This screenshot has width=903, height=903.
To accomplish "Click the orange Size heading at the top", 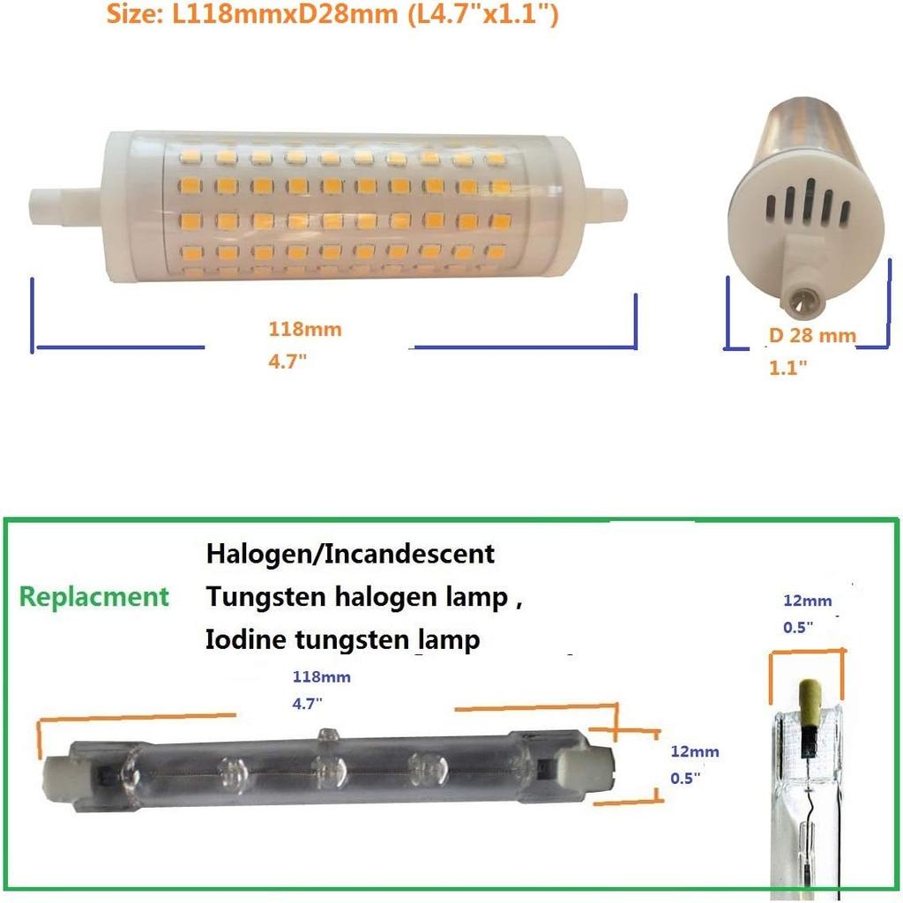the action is click(332, 14).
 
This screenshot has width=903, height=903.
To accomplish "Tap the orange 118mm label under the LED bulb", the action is click(305, 330).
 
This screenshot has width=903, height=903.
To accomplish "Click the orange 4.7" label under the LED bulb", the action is click(287, 362).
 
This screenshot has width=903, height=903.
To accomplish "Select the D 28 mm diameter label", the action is click(812, 335).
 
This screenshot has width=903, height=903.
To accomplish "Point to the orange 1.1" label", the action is click(787, 368).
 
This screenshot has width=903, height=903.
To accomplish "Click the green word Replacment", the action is click(94, 597).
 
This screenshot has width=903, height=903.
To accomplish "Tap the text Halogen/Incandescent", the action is click(350, 554).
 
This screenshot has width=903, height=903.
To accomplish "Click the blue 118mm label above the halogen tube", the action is click(321, 676).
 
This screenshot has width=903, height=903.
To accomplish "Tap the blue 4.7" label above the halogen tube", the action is click(307, 704).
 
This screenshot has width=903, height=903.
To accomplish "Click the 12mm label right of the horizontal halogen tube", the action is click(695, 751).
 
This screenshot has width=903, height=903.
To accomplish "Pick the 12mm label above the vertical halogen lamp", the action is click(808, 601).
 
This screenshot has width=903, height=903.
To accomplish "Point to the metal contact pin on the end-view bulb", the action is click(801, 299).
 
